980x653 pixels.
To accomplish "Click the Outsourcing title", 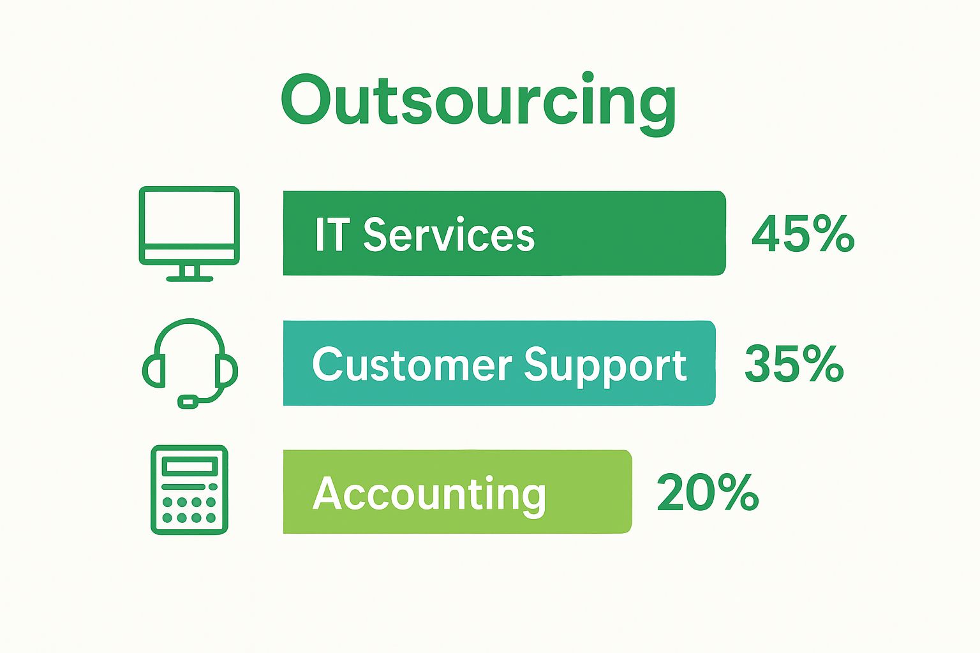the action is click(x=479, y=104).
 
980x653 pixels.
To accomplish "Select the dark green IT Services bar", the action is click(x=505, y=233).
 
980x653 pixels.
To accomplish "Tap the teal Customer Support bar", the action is click(x=499, y=363).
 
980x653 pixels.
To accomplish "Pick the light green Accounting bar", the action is click(x=457, y=492).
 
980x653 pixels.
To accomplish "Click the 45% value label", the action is click(x=803, y=235).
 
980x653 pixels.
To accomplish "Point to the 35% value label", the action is click(x=794, y=364).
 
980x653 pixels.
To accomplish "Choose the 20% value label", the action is click(x=708, y=492).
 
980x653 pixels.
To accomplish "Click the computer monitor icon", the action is click(x=189, y=233).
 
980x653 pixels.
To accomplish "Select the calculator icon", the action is click(x=189, y=489).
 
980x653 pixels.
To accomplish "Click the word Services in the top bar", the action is click(x=449, y=235).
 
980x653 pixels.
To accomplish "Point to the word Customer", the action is click(x=412, y=364).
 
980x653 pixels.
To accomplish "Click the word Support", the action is click(x=605, y=367).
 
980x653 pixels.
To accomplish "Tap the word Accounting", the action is click(x=429, y=496).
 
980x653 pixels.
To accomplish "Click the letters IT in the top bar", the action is click(x=332, y=234).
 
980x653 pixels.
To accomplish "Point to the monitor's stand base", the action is click(x=189, y=279).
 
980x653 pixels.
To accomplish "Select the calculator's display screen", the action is click(x=189, y=466).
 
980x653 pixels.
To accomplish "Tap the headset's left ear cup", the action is click(x=154, y=371).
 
